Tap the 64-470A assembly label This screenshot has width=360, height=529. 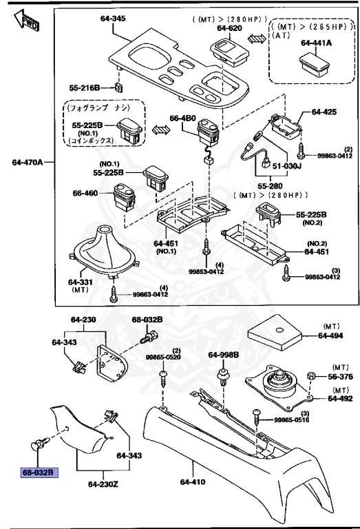pyautogui.click(x=28, y=163)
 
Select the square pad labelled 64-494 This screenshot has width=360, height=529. pyautogui.click(x=275, y=335)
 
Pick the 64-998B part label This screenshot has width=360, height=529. pyautogui.click(x=224, y=355)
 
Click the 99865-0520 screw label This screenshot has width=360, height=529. pyautogui.click(x=162, y=357)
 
